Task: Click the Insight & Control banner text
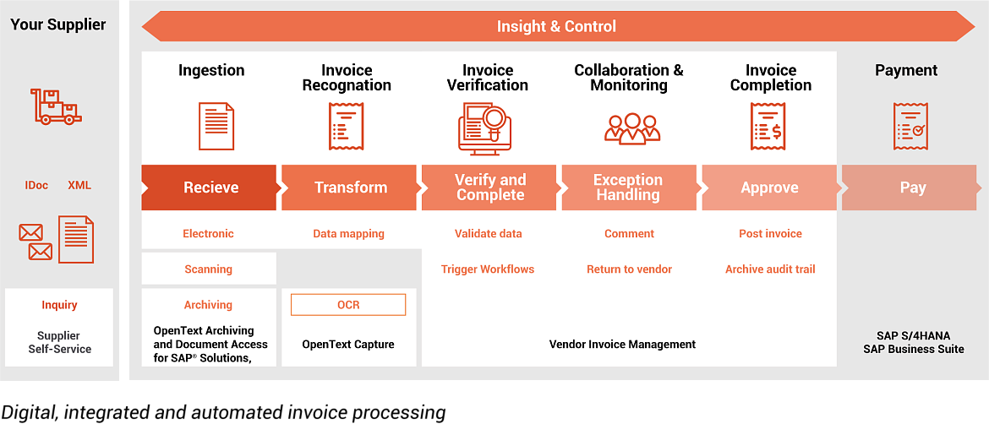pos(556,26)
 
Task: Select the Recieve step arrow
pos(210,188)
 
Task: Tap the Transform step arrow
pos(350,188)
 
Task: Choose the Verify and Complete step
pos(489,188)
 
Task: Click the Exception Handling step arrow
pos(628,188)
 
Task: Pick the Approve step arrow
pos(769,188)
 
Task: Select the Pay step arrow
pos(911,188)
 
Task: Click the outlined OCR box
pos(348,305)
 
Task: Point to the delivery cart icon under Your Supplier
pos(56,107)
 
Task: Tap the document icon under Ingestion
pos(216,126)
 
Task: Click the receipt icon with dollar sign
pos(768,127)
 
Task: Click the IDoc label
pos(36,185)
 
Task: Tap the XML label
pos(79,185)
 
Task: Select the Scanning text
pos(208,269)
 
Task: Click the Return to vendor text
pos(629,269)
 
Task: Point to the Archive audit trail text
pos(770,269)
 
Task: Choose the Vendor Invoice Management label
pos(622,344)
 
